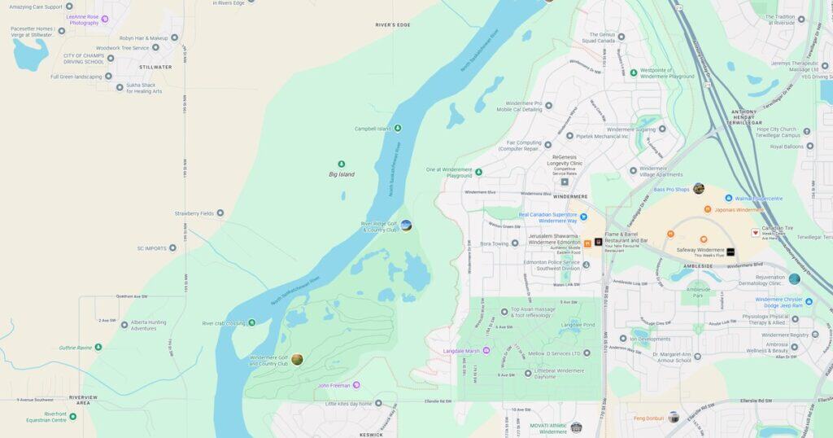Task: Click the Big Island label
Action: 341,174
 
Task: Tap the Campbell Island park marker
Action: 398,129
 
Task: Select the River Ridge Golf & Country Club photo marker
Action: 406,226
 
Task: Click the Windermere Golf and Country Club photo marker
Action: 297,359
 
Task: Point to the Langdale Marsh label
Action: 460,351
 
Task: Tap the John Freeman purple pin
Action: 356,385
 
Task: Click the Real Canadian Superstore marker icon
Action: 583,217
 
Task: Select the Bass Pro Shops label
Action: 671,190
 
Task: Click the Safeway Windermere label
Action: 700,252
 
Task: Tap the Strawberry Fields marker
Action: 220,213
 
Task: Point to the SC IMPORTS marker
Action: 172,248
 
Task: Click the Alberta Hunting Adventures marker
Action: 124,324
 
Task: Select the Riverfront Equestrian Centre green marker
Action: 72,416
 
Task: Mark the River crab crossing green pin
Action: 251,323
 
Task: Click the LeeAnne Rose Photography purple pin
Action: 104,19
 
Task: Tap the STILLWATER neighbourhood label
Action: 155,68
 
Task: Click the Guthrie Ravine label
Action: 75,348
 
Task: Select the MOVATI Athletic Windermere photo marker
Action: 576,427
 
